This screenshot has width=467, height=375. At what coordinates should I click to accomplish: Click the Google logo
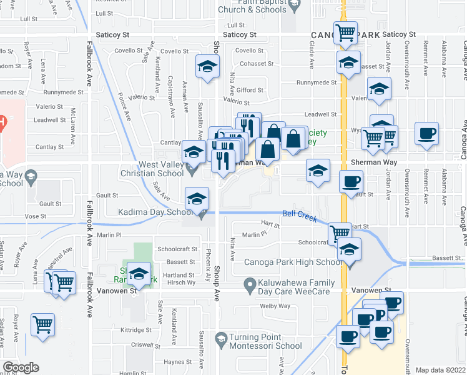[x=21, y=367]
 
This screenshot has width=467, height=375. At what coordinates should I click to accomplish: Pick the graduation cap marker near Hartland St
[x=139, y=273]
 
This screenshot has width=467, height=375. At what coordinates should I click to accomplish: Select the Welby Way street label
[x=275, y=306]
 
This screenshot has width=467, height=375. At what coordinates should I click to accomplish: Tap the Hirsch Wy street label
[x=181, y=283]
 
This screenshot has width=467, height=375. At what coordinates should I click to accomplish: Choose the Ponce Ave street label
[x=125, y=107]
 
